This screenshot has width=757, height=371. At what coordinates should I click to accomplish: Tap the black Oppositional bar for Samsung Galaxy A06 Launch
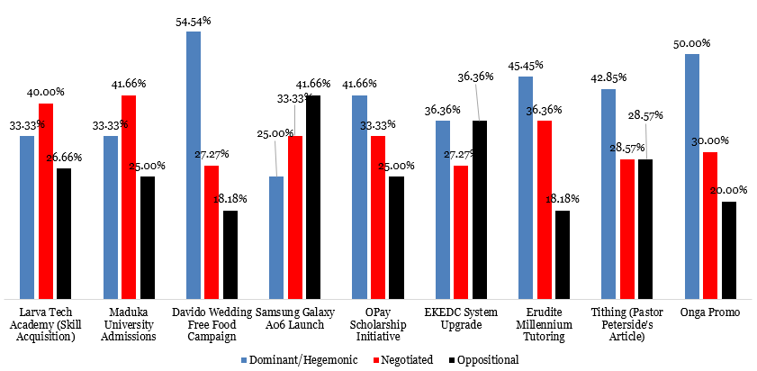click(312, 197)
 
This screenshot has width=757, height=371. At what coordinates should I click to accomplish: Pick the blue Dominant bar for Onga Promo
click(691, 176)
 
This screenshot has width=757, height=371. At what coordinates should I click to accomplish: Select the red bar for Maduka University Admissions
click(128, 197)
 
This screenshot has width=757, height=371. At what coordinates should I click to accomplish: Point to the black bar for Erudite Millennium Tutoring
click(562, 254)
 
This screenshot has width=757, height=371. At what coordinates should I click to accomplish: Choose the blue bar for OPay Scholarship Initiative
click(360, 197)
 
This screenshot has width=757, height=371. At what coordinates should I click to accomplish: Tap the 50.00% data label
click(692, 42)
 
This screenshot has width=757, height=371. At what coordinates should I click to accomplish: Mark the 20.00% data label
click(729, 190)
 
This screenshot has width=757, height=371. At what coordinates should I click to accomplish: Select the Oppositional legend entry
click(484, 359)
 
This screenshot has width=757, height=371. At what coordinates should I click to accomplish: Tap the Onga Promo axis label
click(710, 312)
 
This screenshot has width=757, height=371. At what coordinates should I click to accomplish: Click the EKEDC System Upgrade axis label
click(461, 318)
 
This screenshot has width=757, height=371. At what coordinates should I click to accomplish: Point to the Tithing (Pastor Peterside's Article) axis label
click(627, 324)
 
